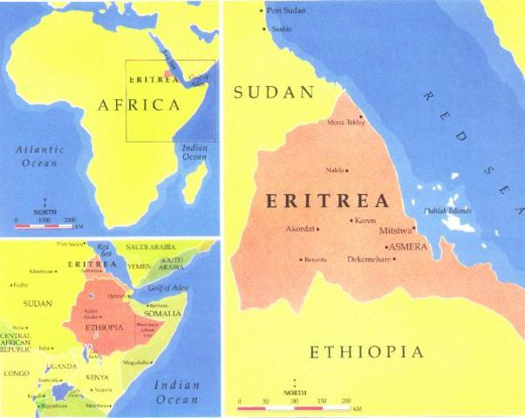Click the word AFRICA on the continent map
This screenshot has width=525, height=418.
pyautogui.click(x=139, y=105)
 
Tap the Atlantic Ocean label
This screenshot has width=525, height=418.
pyautogui.click(x=39, y=156)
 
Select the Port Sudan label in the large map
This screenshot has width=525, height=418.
pyautogui.click(x=289, y=10)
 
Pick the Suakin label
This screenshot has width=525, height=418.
pyautogui.click(x=282, y=29)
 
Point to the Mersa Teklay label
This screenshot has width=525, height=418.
pyautogui.click(x=346, y=123)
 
